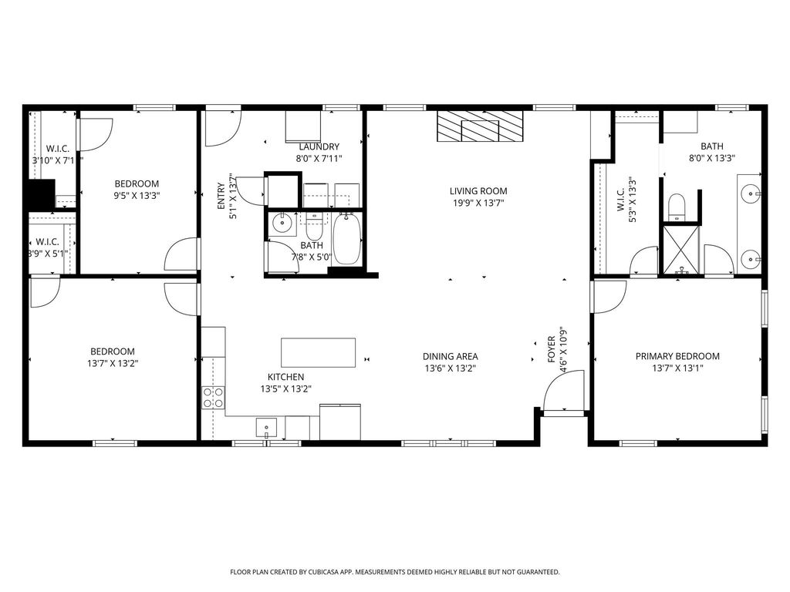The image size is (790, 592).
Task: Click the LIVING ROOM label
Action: click(x=478, y=191)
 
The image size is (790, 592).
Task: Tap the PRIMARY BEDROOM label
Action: click(x=677, y=356)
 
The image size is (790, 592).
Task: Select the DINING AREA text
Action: click(x=450, y=356)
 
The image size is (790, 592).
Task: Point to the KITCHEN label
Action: click(x=285, y=376)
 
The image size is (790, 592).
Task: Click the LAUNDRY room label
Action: click(x=319, y=146)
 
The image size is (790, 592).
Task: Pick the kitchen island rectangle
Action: click(x=318, y=353)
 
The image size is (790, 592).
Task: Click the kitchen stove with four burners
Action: click(x=213, y=397)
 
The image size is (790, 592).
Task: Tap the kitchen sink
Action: click(x=266, y=428)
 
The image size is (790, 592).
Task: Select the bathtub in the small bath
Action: click(x=346, y=239)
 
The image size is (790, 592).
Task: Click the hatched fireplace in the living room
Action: click(x=480, y=126)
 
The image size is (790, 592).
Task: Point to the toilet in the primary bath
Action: click(x=677, y=207)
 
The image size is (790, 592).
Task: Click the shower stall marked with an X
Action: click(x=681, y=251)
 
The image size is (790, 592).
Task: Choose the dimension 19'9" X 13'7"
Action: click(x=478, y=203)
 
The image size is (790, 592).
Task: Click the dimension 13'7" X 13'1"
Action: click(x=677, y=368)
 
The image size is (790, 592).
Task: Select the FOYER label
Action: click(x=551, y=349)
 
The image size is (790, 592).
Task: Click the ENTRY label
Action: click(x=221, y=195)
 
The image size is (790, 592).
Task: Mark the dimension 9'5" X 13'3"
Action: click(x=137, y=196)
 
